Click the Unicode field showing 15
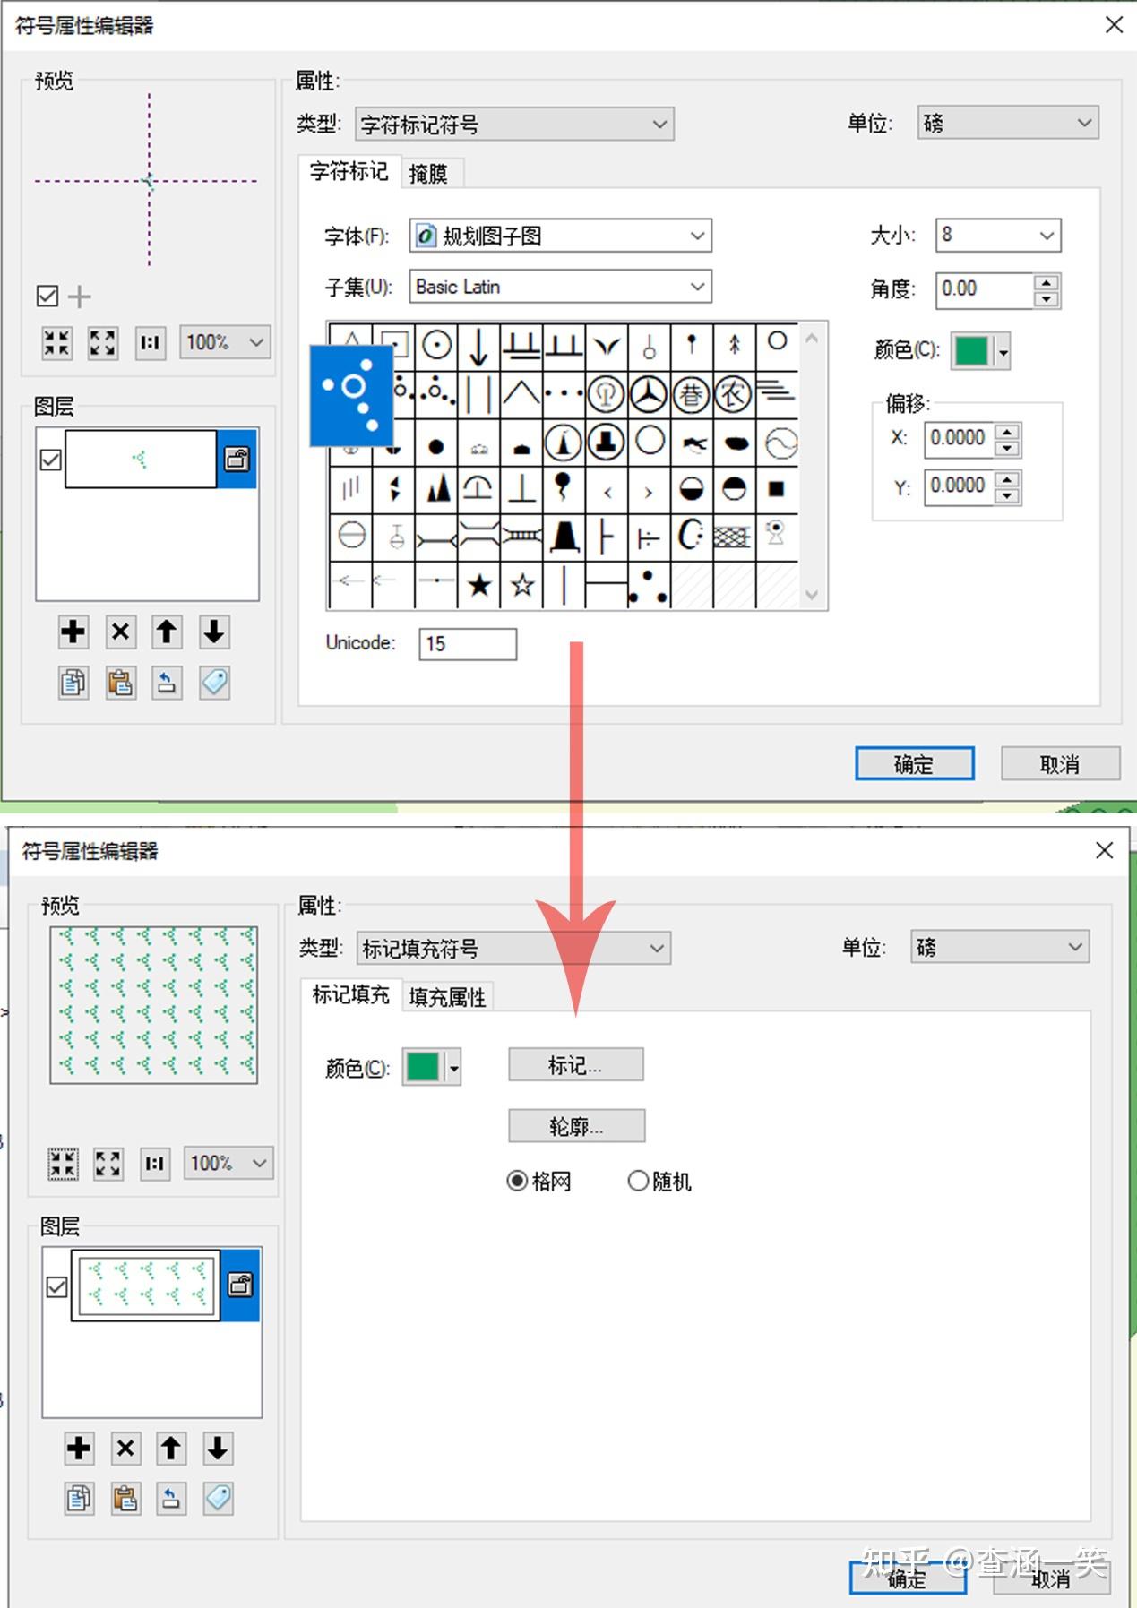467,644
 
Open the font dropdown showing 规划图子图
560,236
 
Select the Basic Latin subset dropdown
560,287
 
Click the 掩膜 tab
428,173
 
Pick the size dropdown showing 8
997,236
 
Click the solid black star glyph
479,586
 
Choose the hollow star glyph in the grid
522,586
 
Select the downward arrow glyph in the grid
479,346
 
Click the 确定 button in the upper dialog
914,764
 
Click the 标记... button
575,1065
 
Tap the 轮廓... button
576,1126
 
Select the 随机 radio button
638,1182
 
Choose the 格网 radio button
517,1182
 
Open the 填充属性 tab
447,997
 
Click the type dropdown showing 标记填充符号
513,949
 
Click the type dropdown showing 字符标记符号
514,124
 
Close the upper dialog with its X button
1114,25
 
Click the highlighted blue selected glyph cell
352,395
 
